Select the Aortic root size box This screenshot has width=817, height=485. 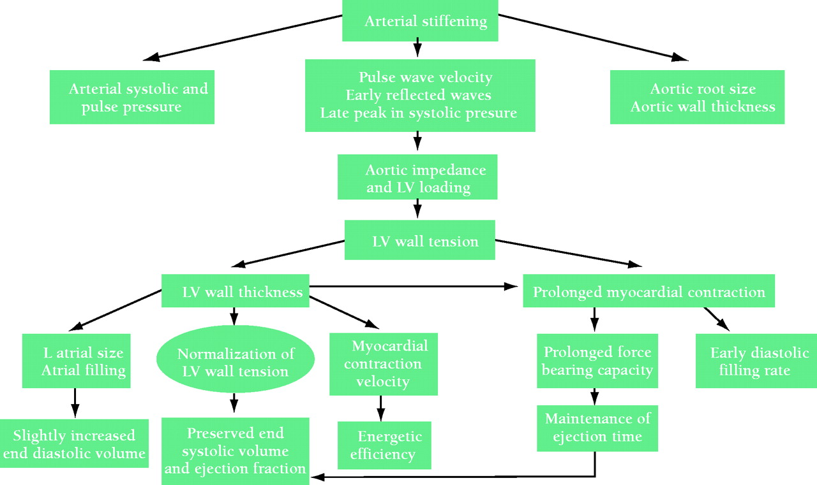click(696, 98)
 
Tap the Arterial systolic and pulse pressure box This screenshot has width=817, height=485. click(131, 97)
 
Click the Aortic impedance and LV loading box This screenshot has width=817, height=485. click(417, 178)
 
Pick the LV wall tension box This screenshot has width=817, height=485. click(419, 242)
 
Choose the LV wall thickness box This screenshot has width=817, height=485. click(236, 293)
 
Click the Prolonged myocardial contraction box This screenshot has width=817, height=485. click(648, 293)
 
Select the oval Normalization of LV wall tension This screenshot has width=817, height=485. click(236, 362)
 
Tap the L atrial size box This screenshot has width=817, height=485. click(76, 360)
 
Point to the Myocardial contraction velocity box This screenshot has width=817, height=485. click(384, 363)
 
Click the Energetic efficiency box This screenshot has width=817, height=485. click(384, 445)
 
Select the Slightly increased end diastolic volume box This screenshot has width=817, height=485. click(74, 444)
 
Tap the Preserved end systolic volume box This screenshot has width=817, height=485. click(236, 451)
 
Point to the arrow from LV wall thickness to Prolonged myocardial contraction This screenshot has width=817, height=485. click(415, 287)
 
